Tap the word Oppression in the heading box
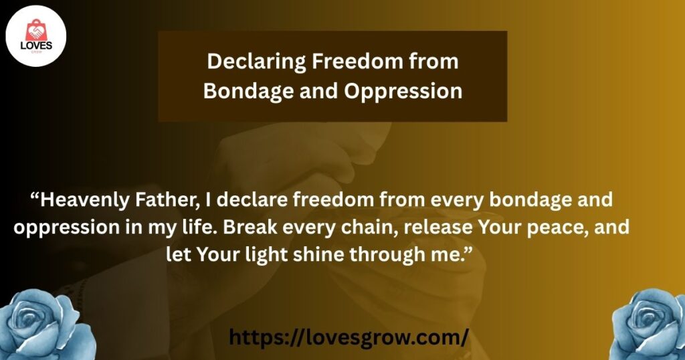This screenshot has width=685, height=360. click(403, 91)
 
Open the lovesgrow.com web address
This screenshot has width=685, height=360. click(349, 337)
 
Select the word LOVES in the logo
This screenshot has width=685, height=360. click(36, 46)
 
